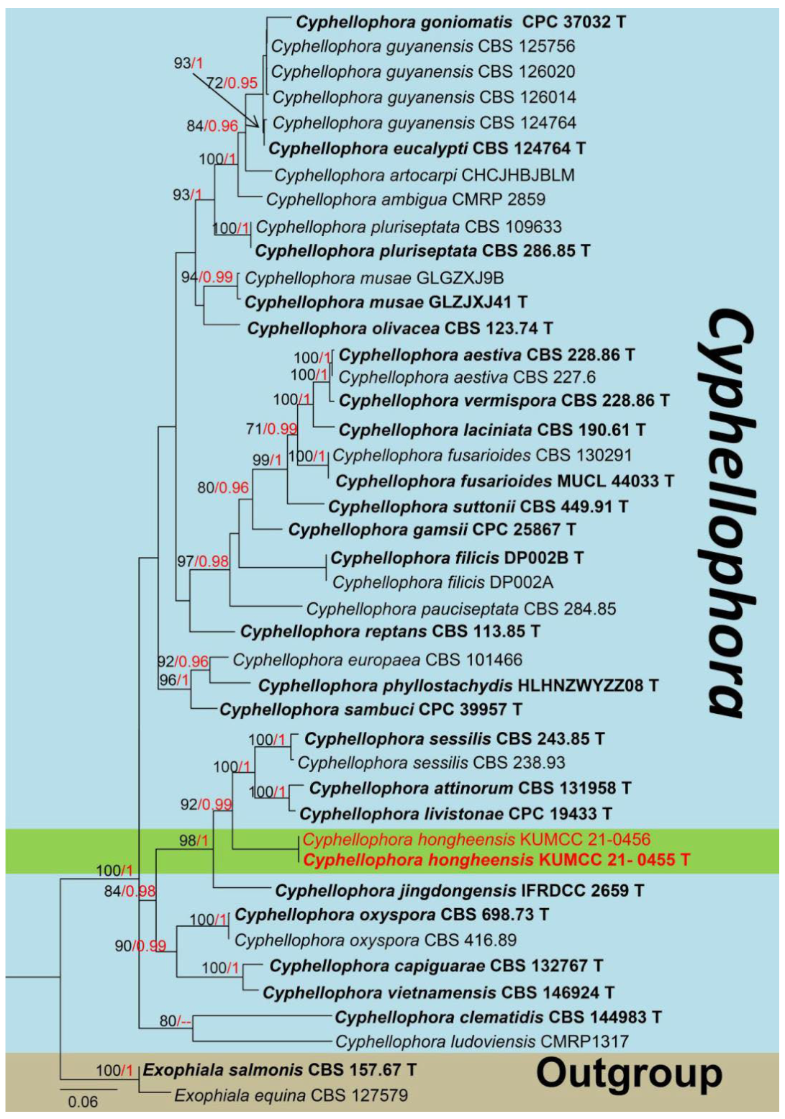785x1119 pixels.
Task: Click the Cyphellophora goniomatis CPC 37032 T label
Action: (x=460, y=22)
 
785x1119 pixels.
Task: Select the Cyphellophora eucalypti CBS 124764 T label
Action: (x=427, y=149)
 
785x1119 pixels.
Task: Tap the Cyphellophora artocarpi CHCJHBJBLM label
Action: (x=425, y=175)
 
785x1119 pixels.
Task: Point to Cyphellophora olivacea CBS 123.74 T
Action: (x=399, y=329)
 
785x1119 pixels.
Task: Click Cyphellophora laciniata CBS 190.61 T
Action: (x=491, y=430)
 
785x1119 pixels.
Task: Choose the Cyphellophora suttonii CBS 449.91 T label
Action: (x=478, y=507)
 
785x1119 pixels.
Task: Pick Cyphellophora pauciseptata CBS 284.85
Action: (x=461, y=609)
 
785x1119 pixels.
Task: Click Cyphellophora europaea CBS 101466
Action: (x=377, y=660)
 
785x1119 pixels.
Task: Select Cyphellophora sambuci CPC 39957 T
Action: (x=371, y=710)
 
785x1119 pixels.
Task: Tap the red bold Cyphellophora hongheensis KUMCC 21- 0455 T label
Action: (x=496, y=860)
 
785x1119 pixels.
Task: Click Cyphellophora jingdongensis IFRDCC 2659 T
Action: (x=459, y=891)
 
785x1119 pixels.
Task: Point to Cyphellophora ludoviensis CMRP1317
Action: (x=482, y=1041)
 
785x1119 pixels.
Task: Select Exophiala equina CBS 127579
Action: (x=291, y=1095)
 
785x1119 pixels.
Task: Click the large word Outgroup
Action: (x=629, y=1073)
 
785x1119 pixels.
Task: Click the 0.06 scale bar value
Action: (x=83, y=1102)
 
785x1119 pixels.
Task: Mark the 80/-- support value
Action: (x=177, y=1020)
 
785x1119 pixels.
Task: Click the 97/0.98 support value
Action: (x=203, y=561)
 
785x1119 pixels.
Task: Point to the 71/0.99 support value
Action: (x=271, y=430)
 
